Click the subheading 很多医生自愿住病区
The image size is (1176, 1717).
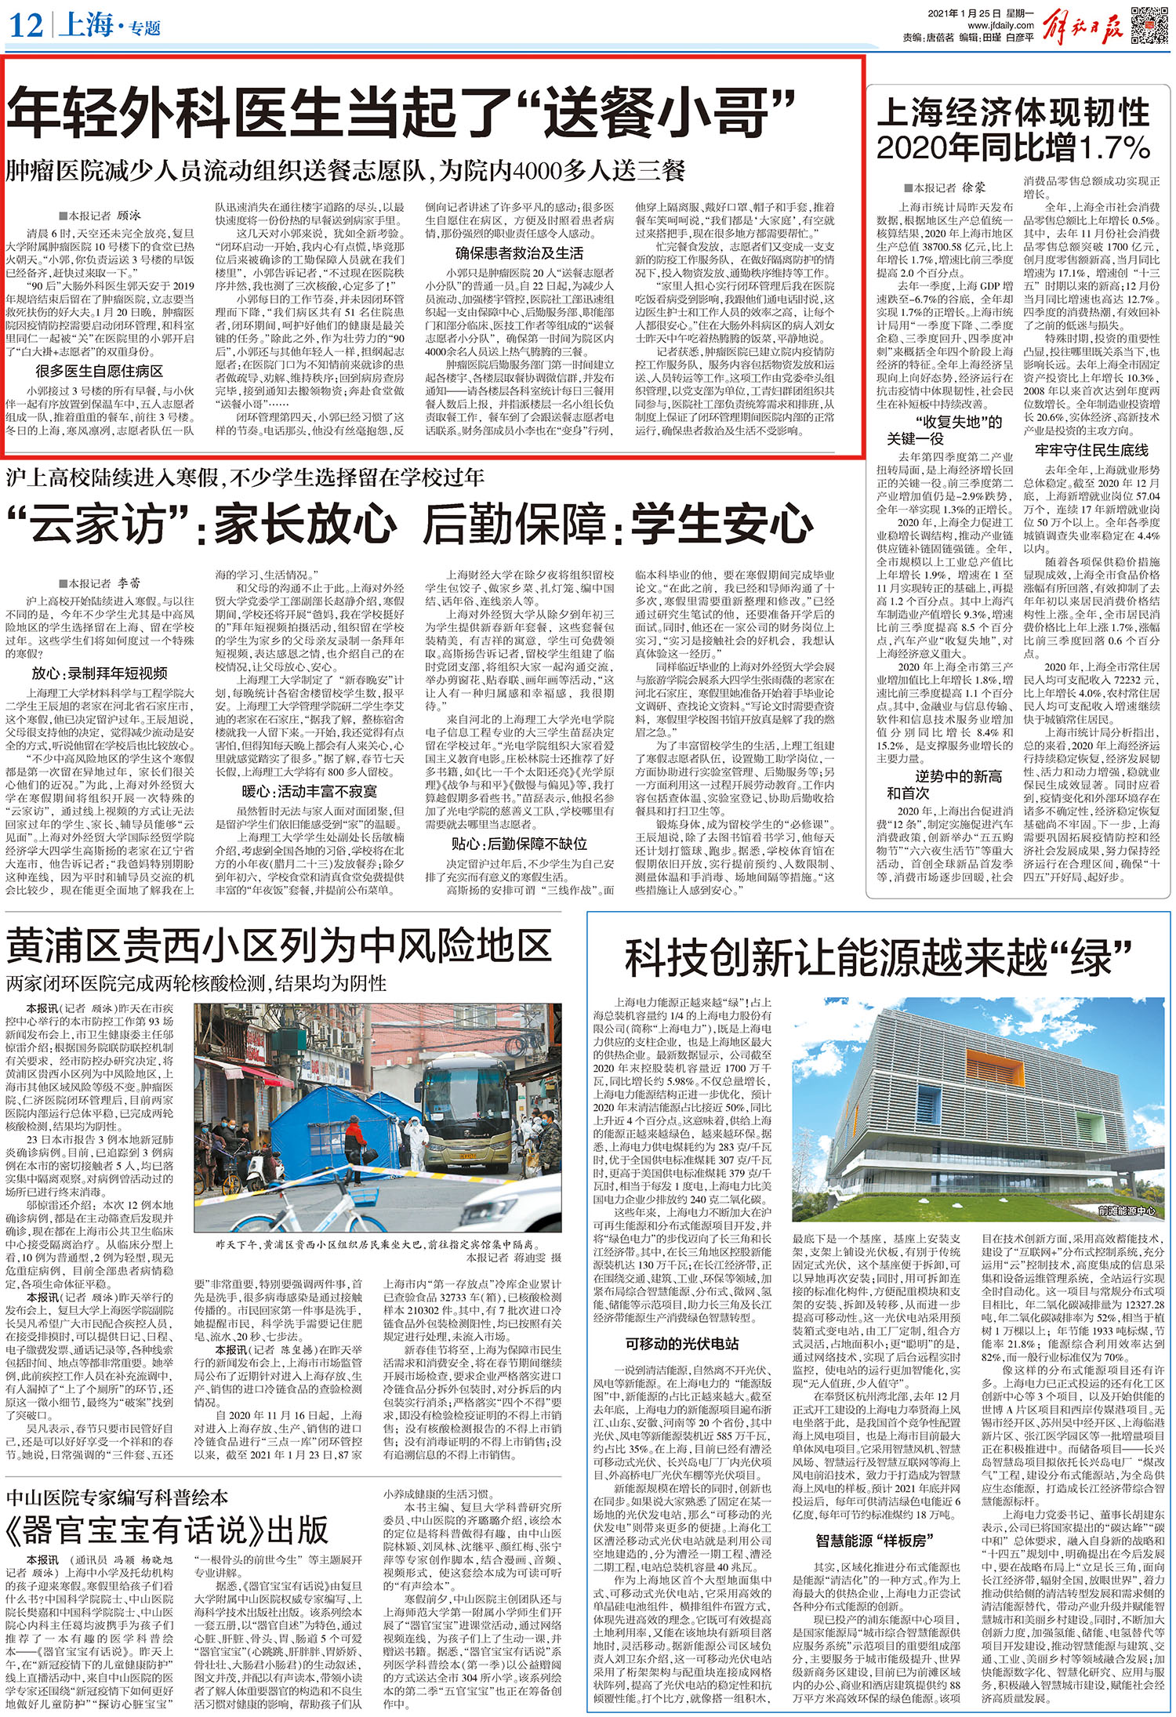coord(99,371)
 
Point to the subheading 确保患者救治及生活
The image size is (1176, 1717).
coord(519,253)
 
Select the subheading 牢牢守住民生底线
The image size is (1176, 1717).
coord(1091,450)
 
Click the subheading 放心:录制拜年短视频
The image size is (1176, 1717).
coord(99,673)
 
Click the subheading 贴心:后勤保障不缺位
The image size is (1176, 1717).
coord(519,844)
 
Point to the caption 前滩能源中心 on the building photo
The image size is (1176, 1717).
coord(1126,1211)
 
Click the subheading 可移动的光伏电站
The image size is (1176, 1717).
coord(681,1344)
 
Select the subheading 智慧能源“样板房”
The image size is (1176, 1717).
coord(874,1541)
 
